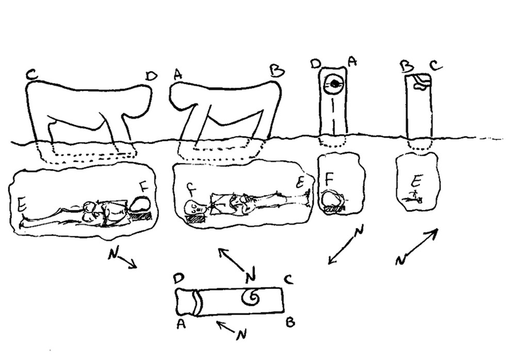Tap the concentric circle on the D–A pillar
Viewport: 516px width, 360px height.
coord(334,84)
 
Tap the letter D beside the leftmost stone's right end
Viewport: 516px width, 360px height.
coord(151,76)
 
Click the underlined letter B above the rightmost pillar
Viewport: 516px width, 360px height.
coord(407,66)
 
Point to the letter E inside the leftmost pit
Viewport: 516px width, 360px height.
coord(22,205)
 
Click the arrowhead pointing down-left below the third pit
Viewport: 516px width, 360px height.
coord(330,261)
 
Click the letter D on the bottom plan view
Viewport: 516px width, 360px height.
coord(179,279)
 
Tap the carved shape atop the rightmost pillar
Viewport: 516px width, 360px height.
coord(422,81)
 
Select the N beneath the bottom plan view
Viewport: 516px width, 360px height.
coord(240,335)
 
